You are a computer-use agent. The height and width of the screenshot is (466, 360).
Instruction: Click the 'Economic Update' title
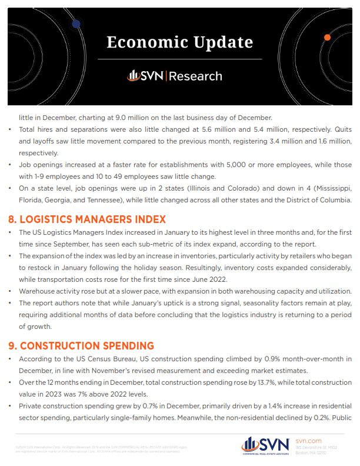coord(180,42)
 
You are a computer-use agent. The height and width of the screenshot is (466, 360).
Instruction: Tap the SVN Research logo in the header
coord(175,76)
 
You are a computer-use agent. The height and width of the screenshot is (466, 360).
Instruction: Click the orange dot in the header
coord(327,38)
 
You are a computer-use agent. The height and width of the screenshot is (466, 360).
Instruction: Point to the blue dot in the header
coord(76,24)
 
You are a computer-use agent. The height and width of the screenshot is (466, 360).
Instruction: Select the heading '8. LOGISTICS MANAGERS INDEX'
coord(92,219)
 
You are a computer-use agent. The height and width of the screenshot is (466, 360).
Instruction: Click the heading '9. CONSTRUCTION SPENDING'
coord(86,345)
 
